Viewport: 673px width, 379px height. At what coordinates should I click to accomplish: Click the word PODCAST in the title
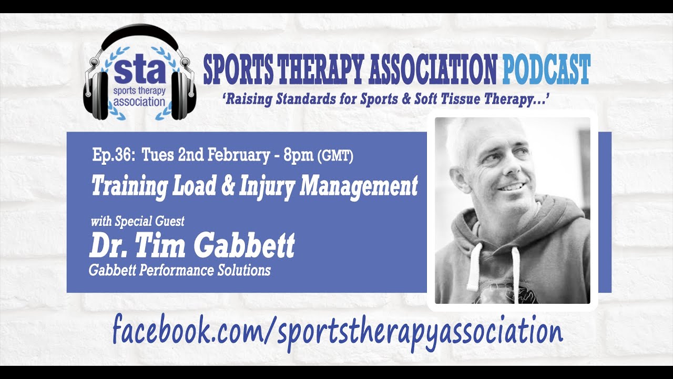click(x=546, y=69)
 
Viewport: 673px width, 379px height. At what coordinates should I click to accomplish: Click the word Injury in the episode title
click(x=266, y=186)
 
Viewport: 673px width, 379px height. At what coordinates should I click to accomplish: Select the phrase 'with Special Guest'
click(x=137, y=222)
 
